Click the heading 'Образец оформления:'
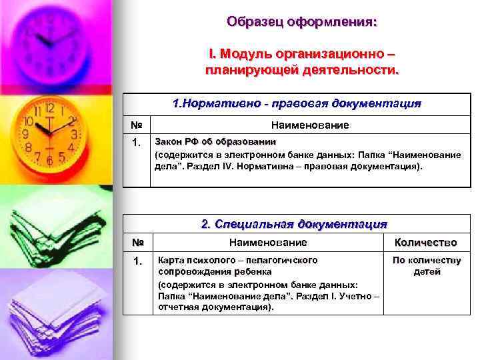pos(301,21)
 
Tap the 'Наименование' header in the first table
pos(309,125)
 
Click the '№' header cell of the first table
pos(136,125)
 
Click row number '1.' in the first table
pos(136,143)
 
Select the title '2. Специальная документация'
pos(294,224)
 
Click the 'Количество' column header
pos(425,243)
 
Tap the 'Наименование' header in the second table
pos(268,243)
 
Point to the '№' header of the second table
pos(136,243)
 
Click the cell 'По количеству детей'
pos(426,265)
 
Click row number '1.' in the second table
pos(136,261)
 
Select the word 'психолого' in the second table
pos(205,260)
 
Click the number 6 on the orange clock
pos(49,161)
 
